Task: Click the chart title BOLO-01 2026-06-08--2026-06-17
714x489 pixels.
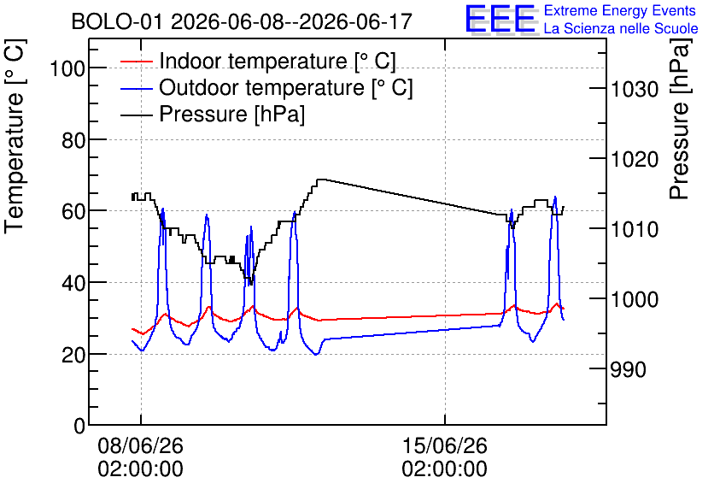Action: (x=242, y=21)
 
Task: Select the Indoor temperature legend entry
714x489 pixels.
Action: (x=258, y=61)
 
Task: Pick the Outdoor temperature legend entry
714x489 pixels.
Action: (x=266, y=87)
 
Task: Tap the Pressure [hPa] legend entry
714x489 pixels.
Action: (x=213, y=114)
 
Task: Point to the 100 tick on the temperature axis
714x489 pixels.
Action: (x=67, y=69)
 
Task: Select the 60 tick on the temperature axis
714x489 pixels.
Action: (x=73, y=212)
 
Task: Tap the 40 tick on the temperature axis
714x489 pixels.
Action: (x=73, y=284)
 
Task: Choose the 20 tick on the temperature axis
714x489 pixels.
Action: (x=73, y=355)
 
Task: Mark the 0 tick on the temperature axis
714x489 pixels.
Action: (x=79, y=426)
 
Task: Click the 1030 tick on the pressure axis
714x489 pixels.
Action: (x=635, y=89)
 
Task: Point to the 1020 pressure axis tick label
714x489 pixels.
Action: (x=635, y=160)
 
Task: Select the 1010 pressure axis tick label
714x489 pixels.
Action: (x=635, y=230)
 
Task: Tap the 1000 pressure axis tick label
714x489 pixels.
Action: (x=635, y=300)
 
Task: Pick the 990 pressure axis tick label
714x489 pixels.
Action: (x=628, y=370)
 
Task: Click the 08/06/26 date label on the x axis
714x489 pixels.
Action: (x=140, y=445)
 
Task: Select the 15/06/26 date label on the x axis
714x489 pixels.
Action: (x=444, y=445)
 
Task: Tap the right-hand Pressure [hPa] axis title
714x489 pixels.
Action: (x=680, y=119)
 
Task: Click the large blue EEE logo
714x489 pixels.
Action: (x=500, y=19)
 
